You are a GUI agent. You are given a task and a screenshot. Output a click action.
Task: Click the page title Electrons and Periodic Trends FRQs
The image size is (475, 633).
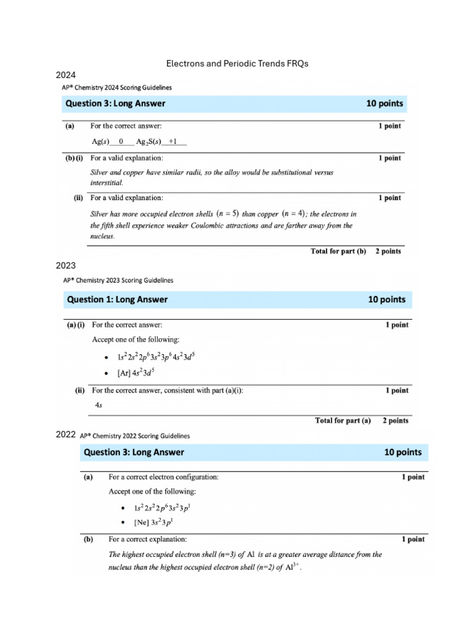(237, 64)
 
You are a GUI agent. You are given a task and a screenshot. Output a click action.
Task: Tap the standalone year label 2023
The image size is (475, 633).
(66, 266)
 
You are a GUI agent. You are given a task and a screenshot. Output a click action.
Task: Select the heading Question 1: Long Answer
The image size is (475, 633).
(117, 300)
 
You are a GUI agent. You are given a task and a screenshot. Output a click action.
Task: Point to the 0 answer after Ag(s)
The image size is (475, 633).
(121, 142)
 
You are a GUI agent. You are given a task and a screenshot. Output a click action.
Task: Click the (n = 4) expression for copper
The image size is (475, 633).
(293, 214)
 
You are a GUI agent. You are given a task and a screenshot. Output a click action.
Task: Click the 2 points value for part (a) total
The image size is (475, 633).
(395, 421)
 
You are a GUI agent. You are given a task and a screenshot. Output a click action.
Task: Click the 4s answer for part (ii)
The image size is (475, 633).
(98, 405)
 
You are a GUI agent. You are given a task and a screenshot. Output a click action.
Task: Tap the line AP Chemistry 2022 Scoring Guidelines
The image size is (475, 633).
(135, 436)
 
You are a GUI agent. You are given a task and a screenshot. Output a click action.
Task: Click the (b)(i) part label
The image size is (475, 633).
(76, 158)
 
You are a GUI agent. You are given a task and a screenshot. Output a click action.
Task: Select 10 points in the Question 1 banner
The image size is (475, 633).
(387, 300)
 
